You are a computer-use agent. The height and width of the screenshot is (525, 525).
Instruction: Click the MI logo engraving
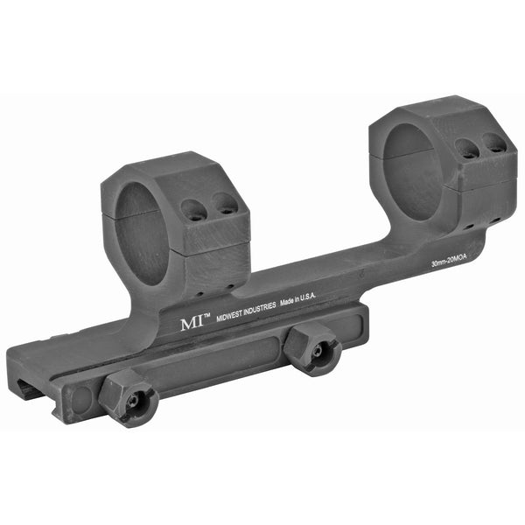[192, 324]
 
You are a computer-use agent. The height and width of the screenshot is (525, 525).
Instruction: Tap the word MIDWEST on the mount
[229, 315]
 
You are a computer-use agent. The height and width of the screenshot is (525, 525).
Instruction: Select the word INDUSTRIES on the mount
[260, 309]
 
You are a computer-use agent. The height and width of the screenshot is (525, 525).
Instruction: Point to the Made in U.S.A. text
[297, 300]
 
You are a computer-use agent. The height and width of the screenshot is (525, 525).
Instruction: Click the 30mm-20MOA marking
[449, 261]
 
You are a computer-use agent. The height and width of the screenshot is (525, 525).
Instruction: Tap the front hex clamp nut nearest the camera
[129, 398]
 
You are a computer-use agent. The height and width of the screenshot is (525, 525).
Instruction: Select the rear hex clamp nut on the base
[312, 351]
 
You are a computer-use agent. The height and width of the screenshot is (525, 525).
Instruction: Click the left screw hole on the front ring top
[192, 210]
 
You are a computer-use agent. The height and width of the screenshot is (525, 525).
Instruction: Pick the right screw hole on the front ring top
[225, 204]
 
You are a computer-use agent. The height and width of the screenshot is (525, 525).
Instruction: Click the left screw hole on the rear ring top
[467, 148]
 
